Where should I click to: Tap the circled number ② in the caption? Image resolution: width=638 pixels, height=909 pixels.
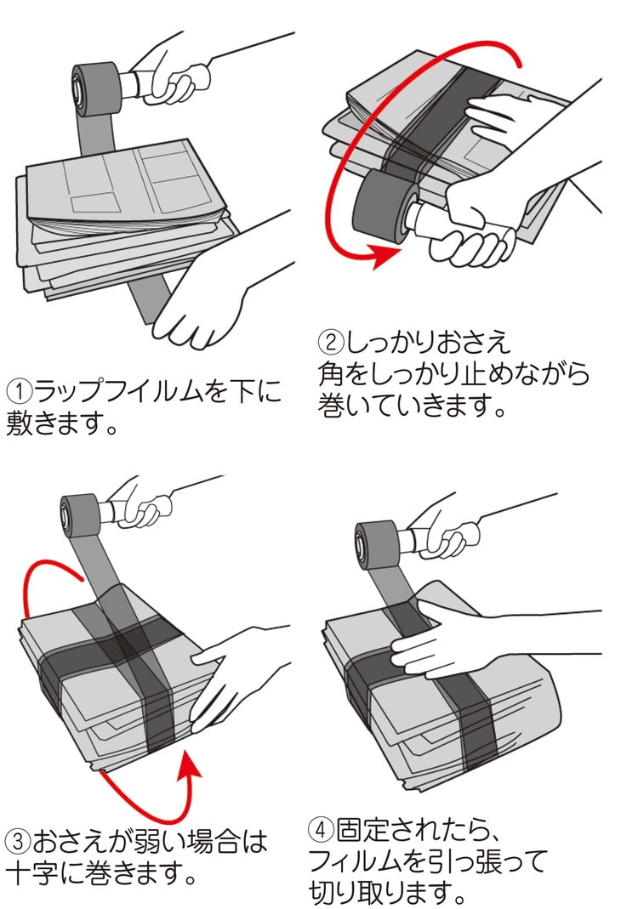point(331,342)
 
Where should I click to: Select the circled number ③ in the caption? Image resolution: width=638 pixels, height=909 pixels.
point(18,841)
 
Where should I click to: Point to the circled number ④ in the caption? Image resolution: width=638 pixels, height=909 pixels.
point(321,830)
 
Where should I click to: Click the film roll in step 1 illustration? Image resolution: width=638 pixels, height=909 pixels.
point(96,88)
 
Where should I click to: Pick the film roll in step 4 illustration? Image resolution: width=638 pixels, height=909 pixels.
point(376,545)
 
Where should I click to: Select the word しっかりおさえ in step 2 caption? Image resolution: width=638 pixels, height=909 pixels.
point(429,342)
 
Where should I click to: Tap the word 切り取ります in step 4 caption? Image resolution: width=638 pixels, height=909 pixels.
point(380,894)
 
